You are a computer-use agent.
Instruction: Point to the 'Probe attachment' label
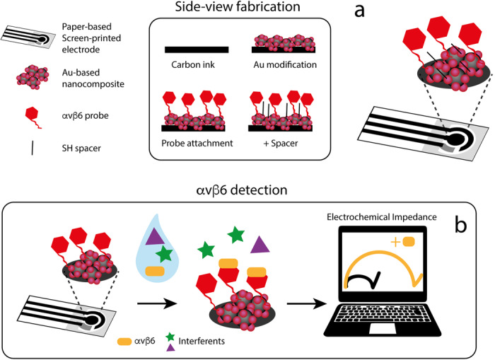pyautogui.click(x=197, y=146)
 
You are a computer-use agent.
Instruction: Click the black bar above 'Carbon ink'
pyautogui.click(x=197, y=50)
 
